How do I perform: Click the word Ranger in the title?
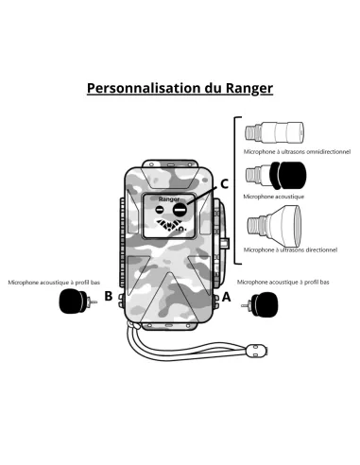(x=249, y=89)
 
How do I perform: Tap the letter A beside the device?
(x=225, y=296)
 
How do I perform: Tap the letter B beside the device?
(x=109, y=296)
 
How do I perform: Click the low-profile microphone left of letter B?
(x=73, y=302)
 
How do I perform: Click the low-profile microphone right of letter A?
(x=261, y=305)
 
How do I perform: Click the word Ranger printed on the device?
(x=168, y=200)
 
